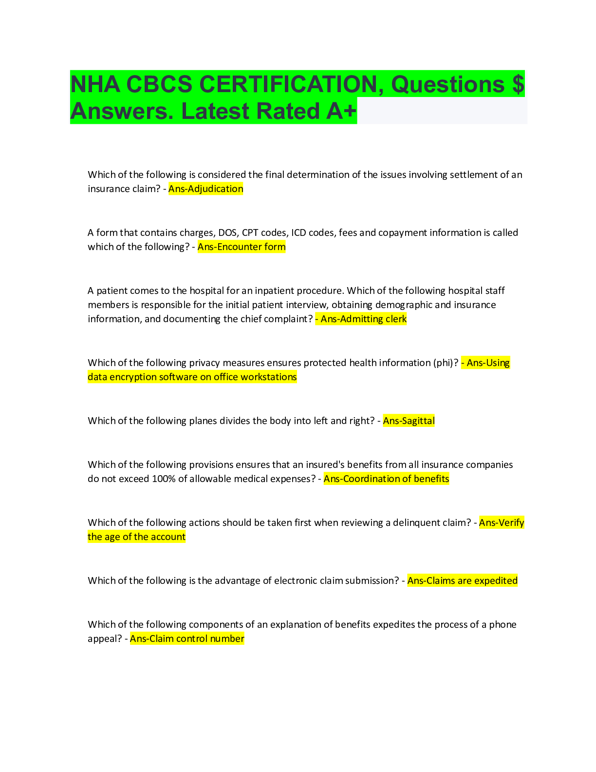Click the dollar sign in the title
point(518,84)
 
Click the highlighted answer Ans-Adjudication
point(205,189)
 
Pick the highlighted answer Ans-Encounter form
point(242,247)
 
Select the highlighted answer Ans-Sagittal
point(409,421)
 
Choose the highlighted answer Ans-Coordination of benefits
point(386,479)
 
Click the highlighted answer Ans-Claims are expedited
point(462,581)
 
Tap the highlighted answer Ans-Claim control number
point(187,639)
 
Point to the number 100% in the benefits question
point(163,479)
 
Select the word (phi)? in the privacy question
point(446,363)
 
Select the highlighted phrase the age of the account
point(137,537)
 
